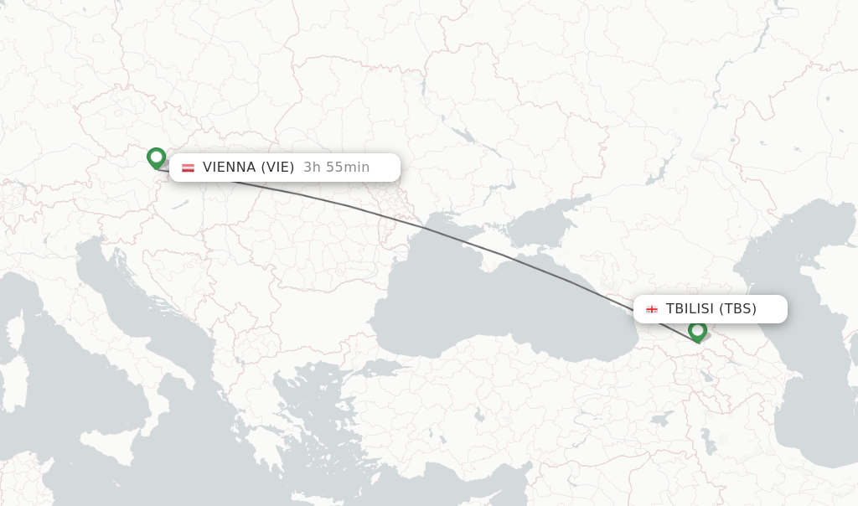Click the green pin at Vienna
tap(156, 157)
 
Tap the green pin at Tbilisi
tap(697, 331)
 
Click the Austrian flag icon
tap(188, 168)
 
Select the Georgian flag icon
tap(651, 309)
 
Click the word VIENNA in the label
tap(229, 168)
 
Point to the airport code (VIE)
tap(277, 168)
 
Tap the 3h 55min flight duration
tap(336, 168)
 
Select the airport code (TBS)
tap(737, 309)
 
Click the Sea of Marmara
tap(381, 368)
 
